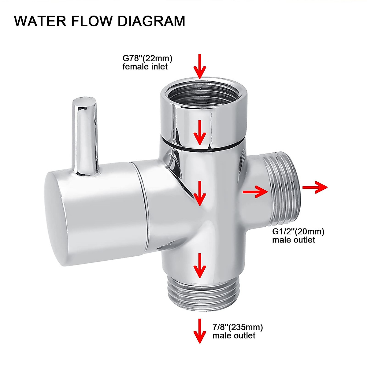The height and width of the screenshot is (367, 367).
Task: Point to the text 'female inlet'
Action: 145,66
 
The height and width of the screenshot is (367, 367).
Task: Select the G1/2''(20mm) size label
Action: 298,231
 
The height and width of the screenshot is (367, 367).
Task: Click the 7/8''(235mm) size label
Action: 238,327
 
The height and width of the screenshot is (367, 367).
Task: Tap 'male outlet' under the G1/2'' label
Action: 294,239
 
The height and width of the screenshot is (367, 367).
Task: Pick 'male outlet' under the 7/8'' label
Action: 234,335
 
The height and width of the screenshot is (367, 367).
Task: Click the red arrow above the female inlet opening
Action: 200,66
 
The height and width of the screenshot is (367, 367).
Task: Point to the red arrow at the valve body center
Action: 200,193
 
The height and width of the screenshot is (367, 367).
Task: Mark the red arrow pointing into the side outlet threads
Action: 255,192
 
